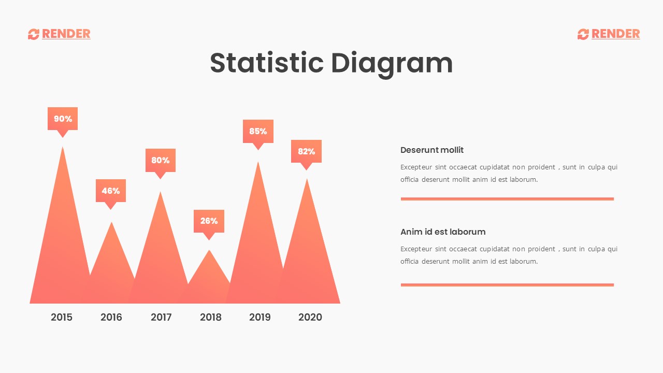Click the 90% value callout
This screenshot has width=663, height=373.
coord(63,119)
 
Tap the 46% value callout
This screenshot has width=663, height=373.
coord(111,191)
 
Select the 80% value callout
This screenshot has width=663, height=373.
coord(161,161)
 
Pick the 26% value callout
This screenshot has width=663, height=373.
coord(209,221)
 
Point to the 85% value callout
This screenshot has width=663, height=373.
coord(258,132)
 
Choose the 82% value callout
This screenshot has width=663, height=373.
coord(306,151)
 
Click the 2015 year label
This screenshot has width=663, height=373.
coord(62,317)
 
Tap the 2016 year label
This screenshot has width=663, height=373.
coord(111,317)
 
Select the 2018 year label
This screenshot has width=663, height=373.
coord(211,317)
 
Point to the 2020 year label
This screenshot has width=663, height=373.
coord(310,317)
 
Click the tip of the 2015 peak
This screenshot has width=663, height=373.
coord(63,148)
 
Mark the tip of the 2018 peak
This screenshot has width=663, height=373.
coord(209,251)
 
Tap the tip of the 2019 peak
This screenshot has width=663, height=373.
coord(258,163)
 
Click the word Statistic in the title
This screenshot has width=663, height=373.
coord(267,63)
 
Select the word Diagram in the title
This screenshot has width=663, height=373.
coord(392,63)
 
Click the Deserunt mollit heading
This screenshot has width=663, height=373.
coord(432,150)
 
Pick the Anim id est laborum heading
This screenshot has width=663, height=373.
coord(443,232)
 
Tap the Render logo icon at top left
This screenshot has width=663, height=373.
coord(34,34)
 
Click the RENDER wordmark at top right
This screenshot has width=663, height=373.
coord(615,34)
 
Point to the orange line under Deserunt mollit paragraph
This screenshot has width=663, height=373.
coord(507,199)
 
